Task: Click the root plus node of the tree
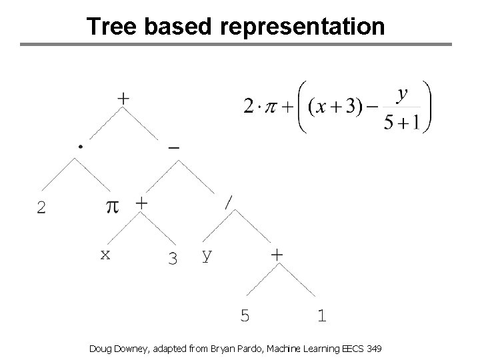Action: pyautogui.click(x=123, y=98)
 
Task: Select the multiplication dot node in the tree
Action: pyautogui.click(x=80, y=145)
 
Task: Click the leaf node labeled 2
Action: pyautogui.click(x=41, y=209)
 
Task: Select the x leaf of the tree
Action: pyautogui.click(x=105, y=254)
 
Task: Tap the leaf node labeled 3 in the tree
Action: pyautogui.click(x=173, y=258)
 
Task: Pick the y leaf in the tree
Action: pyautogui.click(x=207, y=255)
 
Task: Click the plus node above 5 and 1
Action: pyautogui.click(x=277, y=254)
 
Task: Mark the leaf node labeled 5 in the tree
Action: pyautogui.click(x=245, y=315)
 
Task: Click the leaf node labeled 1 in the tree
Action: pyautogui.click(x=322, y=315)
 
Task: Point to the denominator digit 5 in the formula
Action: pyautogui.click(x=389, y=124)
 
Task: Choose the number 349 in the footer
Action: pyautogui.click(x=373, y=349)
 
